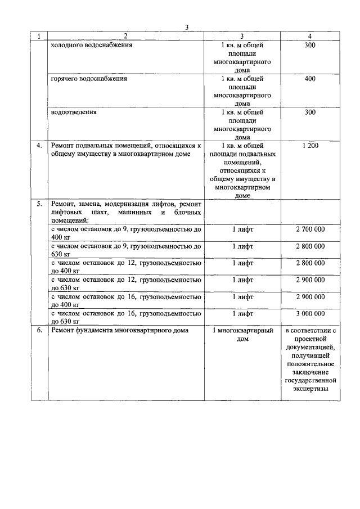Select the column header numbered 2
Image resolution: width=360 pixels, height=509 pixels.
126,36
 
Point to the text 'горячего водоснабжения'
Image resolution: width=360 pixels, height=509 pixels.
89,79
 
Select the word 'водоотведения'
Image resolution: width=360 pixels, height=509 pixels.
74,112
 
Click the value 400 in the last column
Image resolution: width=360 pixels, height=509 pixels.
310,79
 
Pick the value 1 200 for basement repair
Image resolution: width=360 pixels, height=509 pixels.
310,146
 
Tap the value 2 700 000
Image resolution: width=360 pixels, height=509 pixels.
310,229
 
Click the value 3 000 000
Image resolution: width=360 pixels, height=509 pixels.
310,313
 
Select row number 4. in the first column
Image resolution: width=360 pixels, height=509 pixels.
39,146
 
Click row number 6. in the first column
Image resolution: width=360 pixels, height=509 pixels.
39,330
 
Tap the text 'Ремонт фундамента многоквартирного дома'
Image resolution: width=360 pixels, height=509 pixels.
119,330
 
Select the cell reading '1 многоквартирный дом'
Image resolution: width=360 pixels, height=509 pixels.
242,335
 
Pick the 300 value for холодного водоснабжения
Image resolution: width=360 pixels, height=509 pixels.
310,45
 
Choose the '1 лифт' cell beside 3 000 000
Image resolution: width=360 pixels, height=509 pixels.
242,313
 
